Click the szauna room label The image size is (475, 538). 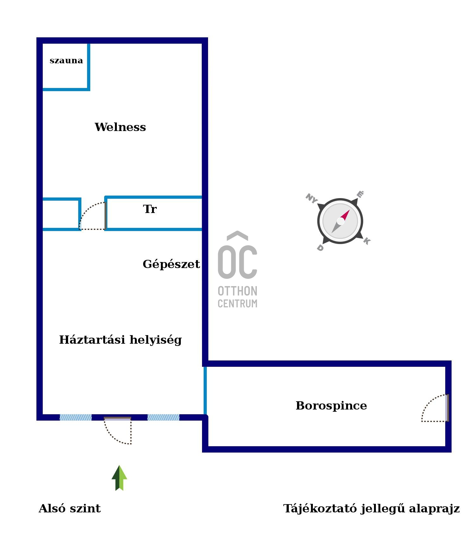point(66,60)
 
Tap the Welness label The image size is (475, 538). point(120,127)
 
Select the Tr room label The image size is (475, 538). point(150,209)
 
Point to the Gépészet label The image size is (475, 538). point(171,264)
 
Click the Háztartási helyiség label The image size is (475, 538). point(120,340)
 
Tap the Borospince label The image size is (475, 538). point(331,405)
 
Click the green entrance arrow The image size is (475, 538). point(119,478)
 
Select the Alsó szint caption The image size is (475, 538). point(70,509)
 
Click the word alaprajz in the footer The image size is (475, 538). point(434,509)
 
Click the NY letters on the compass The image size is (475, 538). point(311,198)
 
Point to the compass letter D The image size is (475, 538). point(320,248)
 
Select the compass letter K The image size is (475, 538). point(367,241)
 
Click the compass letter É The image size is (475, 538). point(360,194)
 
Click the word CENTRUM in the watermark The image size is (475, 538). point(237,303)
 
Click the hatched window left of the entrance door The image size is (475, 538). point(76,417)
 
